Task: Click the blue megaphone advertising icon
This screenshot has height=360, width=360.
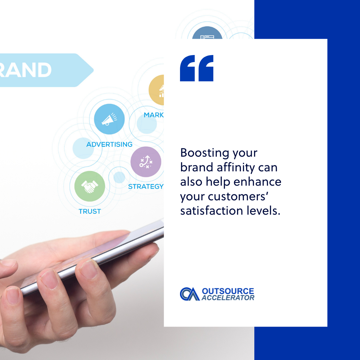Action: point(109,119)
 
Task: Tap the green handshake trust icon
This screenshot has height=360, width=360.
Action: point(90,186)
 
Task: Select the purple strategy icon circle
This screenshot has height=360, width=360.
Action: point(146,162)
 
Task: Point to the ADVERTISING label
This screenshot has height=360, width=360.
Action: point(109,144)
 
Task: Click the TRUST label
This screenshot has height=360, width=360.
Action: point(90,211)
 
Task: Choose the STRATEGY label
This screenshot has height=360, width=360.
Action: point(146,186)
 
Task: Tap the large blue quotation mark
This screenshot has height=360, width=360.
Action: point(197,68)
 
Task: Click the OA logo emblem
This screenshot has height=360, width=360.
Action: point(190,294)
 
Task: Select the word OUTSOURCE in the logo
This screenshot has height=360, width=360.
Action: point(228,291)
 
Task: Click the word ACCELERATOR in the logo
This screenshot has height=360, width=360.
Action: point(228,298)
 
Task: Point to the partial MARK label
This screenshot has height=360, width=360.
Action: point(154,115)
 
